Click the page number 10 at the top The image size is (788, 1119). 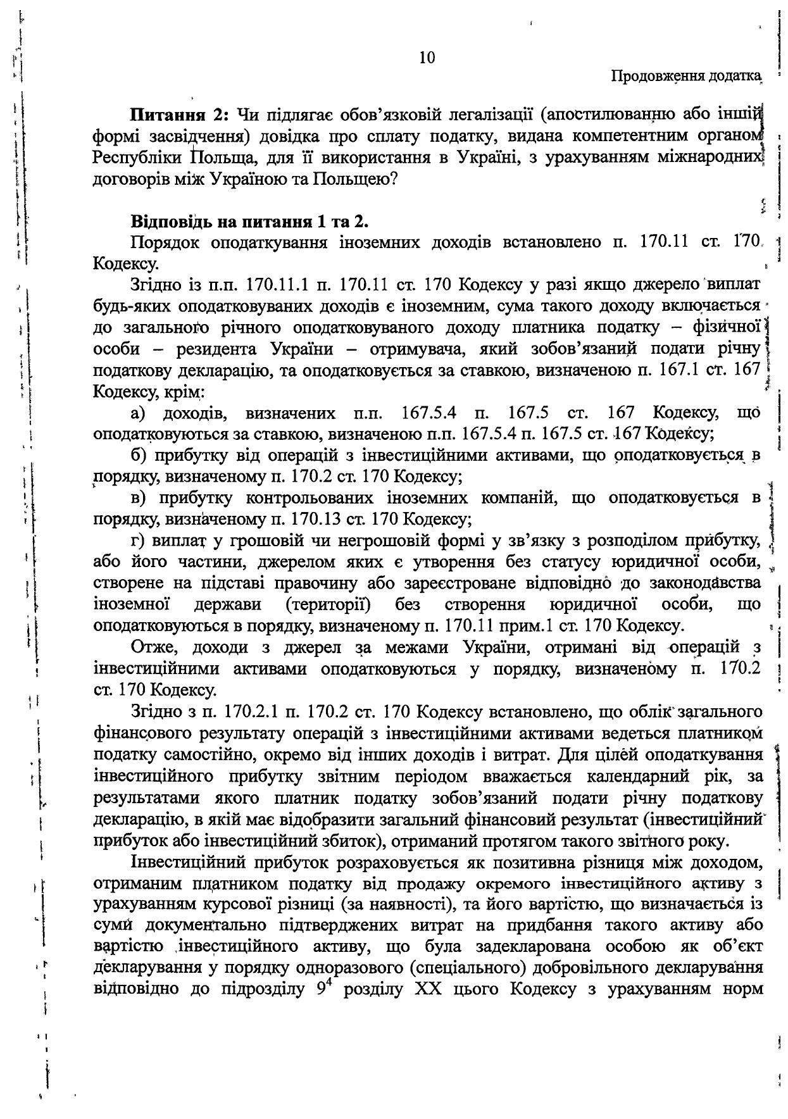(x=427, y=58)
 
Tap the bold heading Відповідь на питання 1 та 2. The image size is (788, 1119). (x=250, y=222)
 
